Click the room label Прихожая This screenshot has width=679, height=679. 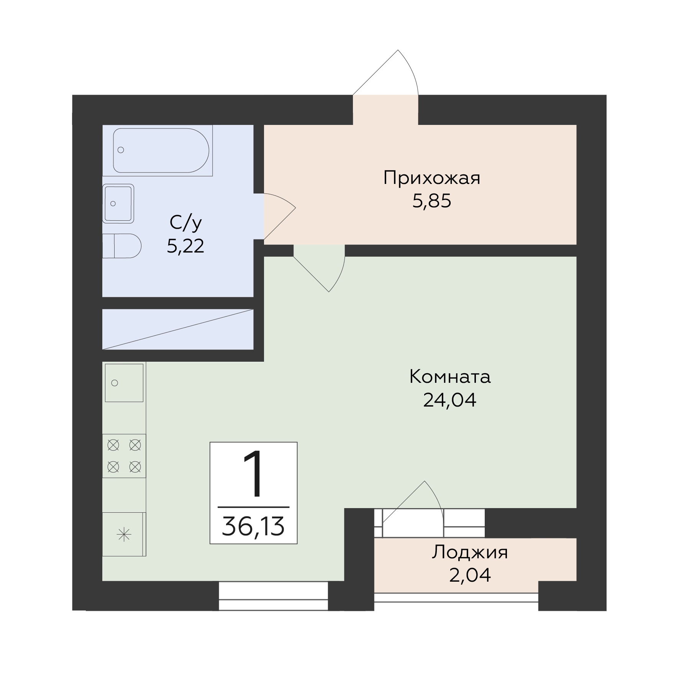[x=431, y=179]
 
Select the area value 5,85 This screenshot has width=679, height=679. [x=432, y=201]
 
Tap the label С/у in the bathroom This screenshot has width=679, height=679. [x=185, y=223]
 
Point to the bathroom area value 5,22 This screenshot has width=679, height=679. [x=185, y=246]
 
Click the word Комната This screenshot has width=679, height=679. [x=450, y=377]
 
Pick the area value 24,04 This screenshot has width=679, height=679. [x=450, y=400]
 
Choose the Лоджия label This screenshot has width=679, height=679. [x=470, y=553]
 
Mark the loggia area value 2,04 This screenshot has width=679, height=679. [x=470, y=575]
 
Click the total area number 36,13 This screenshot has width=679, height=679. [x=253, y=526]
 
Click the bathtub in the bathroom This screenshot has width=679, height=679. [x=161, y=151]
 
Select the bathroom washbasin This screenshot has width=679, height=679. [x=118, y=203]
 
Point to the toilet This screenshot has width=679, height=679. [x=122, y=246]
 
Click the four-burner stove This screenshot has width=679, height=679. [x=124, y=456]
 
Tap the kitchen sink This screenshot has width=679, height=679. [x=124, y=383]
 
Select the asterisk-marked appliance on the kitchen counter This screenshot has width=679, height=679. [x=124, y=535]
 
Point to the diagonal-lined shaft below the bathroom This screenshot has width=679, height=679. [x=178, y=329]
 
